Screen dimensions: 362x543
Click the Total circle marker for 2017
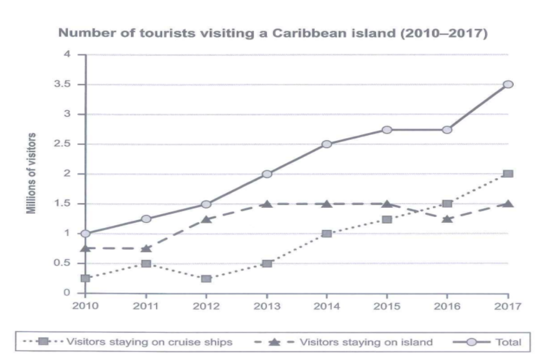[508, 84]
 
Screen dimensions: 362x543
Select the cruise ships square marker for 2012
[206, 278]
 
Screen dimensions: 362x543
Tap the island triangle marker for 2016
[447, 219]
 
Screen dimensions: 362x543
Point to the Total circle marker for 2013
[267, 173]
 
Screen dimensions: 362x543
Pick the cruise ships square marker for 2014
[327, 234]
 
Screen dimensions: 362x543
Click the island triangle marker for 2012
[206, 219]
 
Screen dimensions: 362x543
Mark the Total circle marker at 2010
[86, 234]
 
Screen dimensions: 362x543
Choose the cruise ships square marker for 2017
[508, 173]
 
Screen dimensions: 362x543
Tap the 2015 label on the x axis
[387, 306]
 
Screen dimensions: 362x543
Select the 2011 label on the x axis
[146, 306]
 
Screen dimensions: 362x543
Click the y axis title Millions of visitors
[33, 173]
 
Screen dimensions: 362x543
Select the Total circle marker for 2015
[387, 129]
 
